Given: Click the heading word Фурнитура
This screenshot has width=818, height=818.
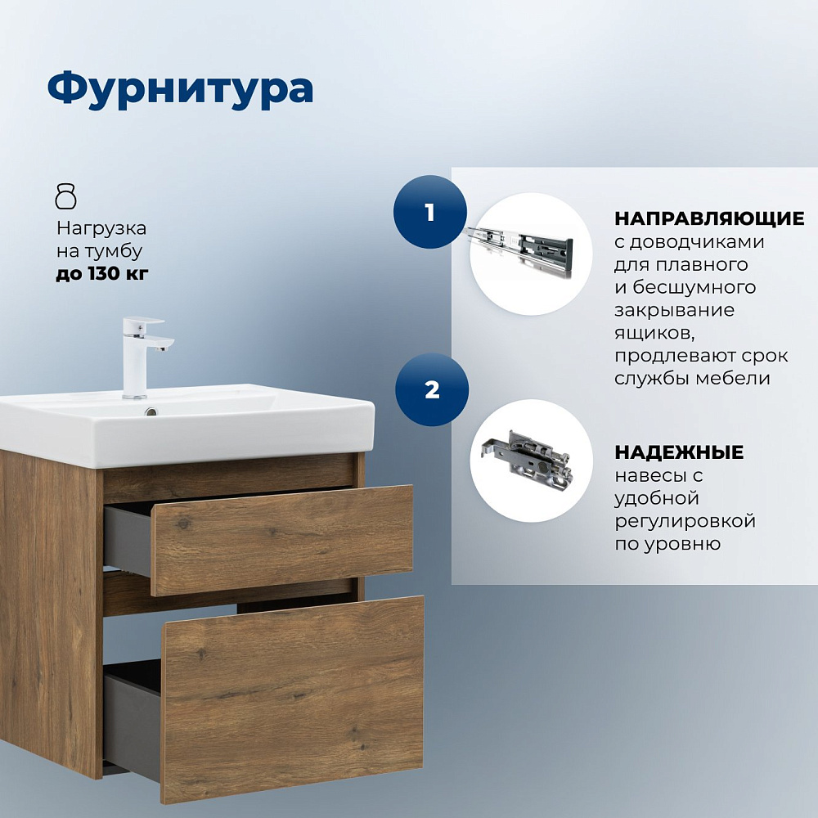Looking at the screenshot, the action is pos(181,89).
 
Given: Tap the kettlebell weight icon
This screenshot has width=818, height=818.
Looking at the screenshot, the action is pos(65,196).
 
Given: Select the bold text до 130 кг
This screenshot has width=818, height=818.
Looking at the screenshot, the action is pos(102,273).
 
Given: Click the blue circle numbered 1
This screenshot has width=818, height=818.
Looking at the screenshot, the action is pos(430,212).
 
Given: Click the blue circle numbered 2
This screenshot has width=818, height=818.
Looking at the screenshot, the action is pos(432,389).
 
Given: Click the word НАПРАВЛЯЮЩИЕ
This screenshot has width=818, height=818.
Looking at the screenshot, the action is pos(709,218).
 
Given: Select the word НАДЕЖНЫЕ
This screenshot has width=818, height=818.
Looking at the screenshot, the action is pos(679,452).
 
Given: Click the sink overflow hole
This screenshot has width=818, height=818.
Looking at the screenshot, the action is pos(151,412).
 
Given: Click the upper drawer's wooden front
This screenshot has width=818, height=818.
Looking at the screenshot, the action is pos(282,540).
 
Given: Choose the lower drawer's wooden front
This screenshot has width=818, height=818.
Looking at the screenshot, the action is pos(292,699).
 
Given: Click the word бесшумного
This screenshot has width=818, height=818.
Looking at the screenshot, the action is pos(694,287).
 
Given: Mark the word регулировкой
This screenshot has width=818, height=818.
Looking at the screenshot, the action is pos(685,521).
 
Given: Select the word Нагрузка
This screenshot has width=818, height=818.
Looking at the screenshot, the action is pos(101,228).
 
